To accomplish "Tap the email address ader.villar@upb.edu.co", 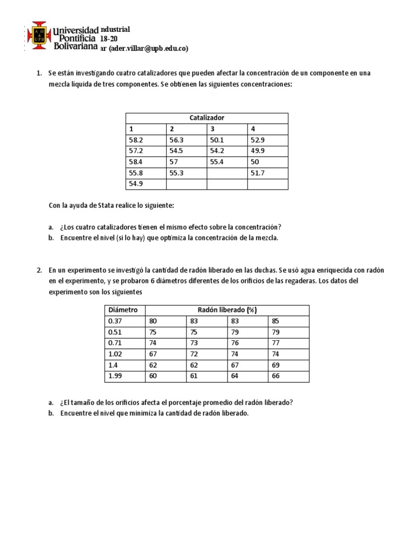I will click(148, 48).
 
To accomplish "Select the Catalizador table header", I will click(206, 118).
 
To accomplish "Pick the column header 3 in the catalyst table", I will click(212, 129).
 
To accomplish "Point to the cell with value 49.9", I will click(258, 151).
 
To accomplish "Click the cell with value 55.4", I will click(217, 162).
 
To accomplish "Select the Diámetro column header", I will click(123, 310).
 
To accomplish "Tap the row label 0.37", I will click(116, 321).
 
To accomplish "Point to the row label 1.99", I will click(116, 376).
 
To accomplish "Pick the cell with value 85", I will click(276, 321).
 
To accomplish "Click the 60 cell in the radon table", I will click(153, 376).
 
